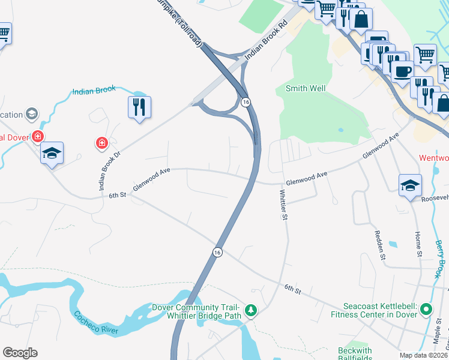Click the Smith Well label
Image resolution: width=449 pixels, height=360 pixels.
click(305, 89)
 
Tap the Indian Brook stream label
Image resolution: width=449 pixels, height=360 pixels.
click(94, 91)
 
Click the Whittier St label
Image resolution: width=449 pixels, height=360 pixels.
click(283, 205)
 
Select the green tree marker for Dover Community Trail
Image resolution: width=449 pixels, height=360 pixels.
click(251, 311)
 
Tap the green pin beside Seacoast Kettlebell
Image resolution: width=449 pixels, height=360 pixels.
click(426, 310)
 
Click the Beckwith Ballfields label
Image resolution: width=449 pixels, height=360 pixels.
click(355, 355)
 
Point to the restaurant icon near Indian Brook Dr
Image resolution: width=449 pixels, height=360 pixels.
click(139, 107)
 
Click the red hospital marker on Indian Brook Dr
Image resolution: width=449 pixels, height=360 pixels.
click(102, 143)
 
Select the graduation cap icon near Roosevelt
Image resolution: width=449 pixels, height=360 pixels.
click(410, 185)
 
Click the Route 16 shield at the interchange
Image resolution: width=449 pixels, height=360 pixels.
click(246, 102)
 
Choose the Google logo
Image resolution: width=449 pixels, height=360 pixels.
click(20, 353)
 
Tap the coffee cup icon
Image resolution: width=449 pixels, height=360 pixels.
click(402, 71)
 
